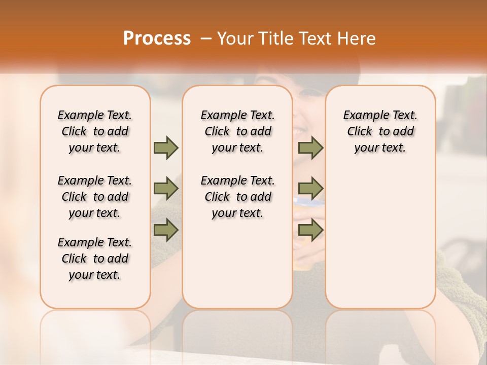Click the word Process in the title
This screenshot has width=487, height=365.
[157, 39]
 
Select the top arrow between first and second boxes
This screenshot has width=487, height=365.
[166, 148]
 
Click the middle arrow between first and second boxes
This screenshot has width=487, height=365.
[166, 189]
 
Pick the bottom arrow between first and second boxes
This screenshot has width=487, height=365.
[166, 230]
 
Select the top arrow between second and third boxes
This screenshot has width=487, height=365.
[310, 148]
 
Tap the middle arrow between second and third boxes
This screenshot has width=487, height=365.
[310, 189]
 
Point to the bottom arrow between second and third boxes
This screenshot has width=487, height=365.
[310, 230]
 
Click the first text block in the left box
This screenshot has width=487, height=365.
[95, 131]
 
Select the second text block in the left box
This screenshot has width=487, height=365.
[95, 197]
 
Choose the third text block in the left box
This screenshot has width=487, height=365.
[95, 259]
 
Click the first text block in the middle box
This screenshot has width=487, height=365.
[237, 131]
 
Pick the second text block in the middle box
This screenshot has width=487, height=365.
[237, 197]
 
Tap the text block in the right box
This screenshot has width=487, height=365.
[380, 131]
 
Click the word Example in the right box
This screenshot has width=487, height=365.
[363, 115]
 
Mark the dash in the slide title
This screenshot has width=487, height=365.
[205, 39]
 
